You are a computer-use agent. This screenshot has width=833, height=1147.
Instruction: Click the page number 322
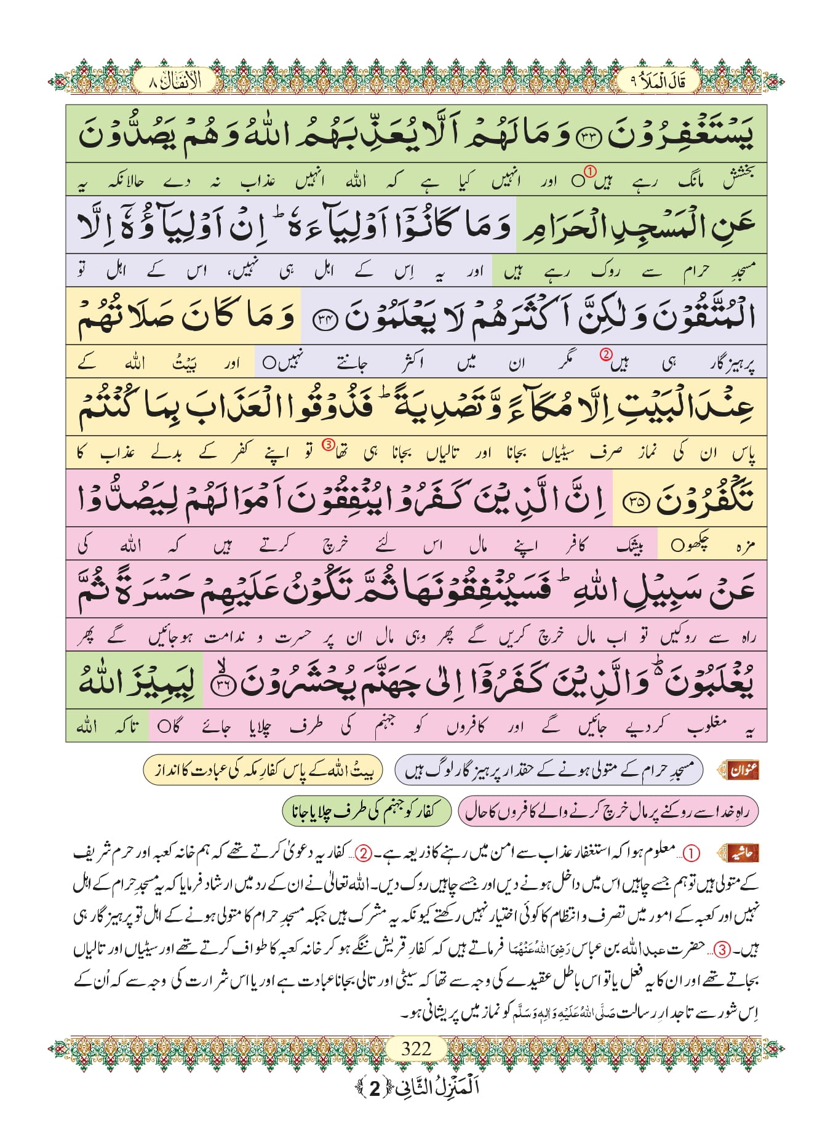416,1048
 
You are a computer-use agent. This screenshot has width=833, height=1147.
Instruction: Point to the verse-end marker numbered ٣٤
325,321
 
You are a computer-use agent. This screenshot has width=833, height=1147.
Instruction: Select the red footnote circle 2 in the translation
606,354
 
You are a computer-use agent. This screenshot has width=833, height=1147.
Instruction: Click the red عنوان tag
743,770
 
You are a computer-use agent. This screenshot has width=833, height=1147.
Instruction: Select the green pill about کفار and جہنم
367,812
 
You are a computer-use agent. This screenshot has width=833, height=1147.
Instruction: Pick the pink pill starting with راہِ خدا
608,812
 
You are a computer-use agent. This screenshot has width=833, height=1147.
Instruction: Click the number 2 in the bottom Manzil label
375,1089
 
